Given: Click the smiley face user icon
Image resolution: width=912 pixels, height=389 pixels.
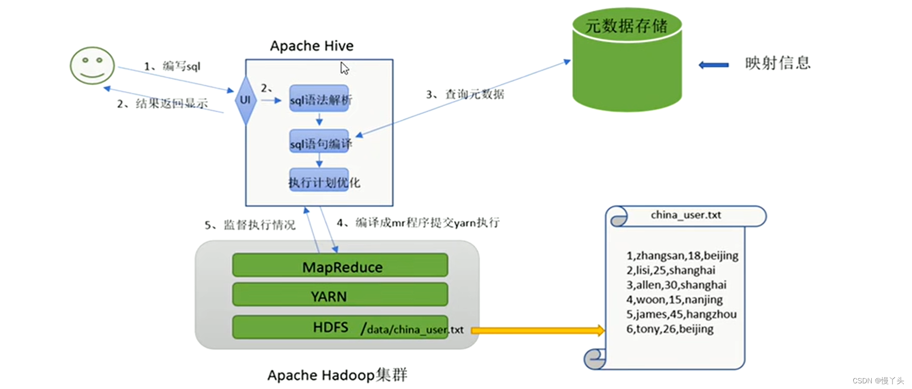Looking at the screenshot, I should (x=92, y=65).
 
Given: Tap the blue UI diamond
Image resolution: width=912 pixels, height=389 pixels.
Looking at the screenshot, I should (x=245, y=100).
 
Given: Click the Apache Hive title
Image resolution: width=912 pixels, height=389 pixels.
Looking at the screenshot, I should (x=312, y=46).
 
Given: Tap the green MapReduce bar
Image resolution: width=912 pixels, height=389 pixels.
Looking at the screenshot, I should (x=340, y=266).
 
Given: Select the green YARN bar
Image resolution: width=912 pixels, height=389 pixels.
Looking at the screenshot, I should (x=340, y=295).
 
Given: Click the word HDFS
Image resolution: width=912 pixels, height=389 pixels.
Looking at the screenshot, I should (x=330, y=327).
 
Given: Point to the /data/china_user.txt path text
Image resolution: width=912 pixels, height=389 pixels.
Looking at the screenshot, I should (x=412, y=329).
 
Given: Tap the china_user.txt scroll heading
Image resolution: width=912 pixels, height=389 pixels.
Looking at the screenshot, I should (x=686, y=215).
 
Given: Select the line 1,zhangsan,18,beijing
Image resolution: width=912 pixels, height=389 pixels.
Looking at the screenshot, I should (x=682, y=256).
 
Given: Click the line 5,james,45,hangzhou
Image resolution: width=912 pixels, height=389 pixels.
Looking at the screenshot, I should (x=681, y=314).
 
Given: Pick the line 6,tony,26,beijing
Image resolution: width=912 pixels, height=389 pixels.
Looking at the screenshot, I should (x=670, y=329).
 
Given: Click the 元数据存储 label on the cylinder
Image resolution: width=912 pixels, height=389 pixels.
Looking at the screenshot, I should (x=627, y=26).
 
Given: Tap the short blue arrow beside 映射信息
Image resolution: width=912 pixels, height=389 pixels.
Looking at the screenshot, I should (x=714, y=65).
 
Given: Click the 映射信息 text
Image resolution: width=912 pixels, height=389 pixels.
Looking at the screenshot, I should (x=778, y=63).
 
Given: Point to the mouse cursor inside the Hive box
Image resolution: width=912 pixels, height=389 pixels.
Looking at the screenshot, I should (x=344, y=68).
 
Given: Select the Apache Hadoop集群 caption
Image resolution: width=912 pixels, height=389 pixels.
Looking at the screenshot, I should (x=337, y=375).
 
